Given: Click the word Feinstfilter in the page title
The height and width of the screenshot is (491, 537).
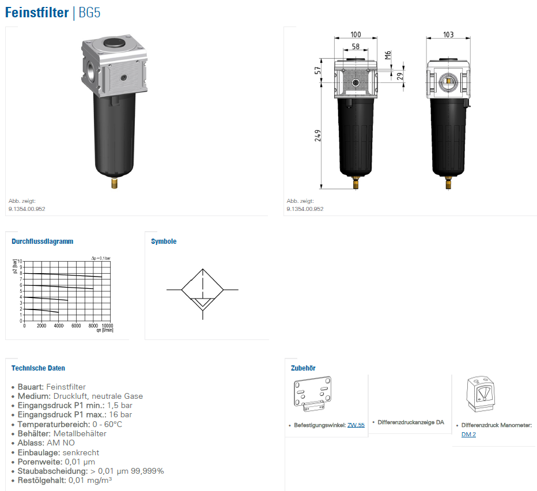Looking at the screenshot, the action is pos(37,13).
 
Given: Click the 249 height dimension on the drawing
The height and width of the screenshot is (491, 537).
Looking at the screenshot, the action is pos(318,135).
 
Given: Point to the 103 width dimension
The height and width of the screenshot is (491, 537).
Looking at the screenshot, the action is pos(448,35).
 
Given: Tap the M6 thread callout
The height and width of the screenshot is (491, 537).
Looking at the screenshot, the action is pos(388,55).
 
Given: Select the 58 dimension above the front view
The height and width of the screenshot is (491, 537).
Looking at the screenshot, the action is pos(356,46).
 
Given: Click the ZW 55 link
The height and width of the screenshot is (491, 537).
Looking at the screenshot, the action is pos(356,425).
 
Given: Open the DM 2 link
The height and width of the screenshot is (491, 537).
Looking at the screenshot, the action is pos(468,435).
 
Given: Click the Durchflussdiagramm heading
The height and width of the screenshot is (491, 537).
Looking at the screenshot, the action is pos(43,241).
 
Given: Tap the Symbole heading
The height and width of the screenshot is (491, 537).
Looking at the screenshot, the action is pos(164,241).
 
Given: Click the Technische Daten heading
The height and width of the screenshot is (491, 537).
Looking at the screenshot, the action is pos(38,368).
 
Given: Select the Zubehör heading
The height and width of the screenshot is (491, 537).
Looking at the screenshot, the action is pos(303,368).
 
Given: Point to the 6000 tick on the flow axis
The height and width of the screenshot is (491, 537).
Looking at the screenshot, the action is pos(76,326).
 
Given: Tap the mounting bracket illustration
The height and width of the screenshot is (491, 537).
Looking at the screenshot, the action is pos(312,394).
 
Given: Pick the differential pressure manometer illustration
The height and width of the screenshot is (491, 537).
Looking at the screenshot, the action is pos(481,394).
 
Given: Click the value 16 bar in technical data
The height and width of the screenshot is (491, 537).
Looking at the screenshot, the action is pos(120,414).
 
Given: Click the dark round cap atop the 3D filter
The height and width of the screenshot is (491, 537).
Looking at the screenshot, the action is pos(115,43).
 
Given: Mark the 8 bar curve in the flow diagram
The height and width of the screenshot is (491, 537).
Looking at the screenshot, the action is pos(63,275).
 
